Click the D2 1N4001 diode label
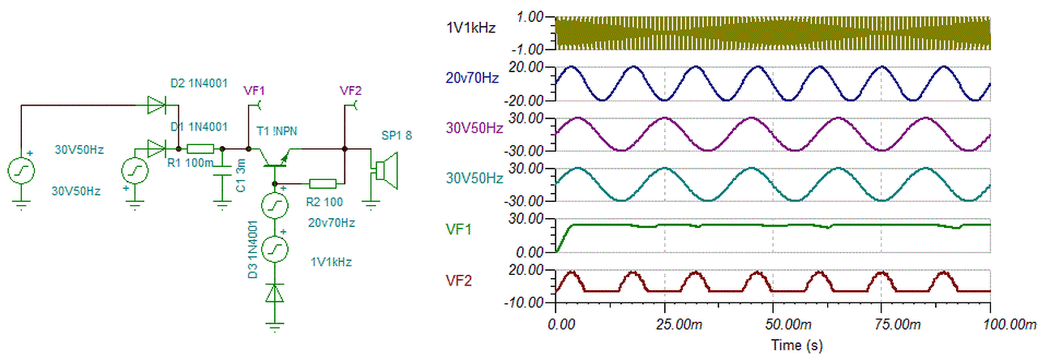[199, 83]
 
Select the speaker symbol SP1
[384, 169]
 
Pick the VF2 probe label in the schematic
[350, 89]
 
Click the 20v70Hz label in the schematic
[332, 222]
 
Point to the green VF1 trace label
[459, 230]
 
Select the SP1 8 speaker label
[397, 135]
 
